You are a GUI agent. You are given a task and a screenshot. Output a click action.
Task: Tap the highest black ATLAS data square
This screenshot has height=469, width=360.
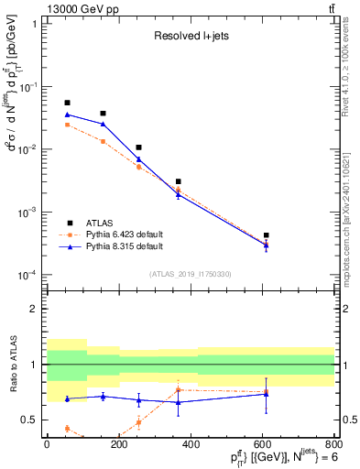(x=67, y=103)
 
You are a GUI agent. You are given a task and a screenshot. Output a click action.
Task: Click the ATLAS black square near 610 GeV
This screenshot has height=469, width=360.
(x=266, y=235)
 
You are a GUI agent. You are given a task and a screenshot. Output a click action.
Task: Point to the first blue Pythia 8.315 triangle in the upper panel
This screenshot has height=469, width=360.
(x=67, y=115)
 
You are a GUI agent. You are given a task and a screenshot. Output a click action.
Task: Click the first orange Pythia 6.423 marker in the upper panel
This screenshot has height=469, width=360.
(x=67, y=125)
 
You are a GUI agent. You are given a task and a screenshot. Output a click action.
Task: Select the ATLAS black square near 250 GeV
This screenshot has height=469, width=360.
(x=138, y=147)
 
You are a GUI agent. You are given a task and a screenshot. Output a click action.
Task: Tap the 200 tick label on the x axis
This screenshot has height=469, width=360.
(x=119, y=444)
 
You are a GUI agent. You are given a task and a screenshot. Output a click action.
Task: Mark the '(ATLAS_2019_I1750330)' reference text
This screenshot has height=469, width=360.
(x=191, y=274)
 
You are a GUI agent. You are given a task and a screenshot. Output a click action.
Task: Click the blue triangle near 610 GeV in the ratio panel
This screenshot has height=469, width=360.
(x=266, y=393)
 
